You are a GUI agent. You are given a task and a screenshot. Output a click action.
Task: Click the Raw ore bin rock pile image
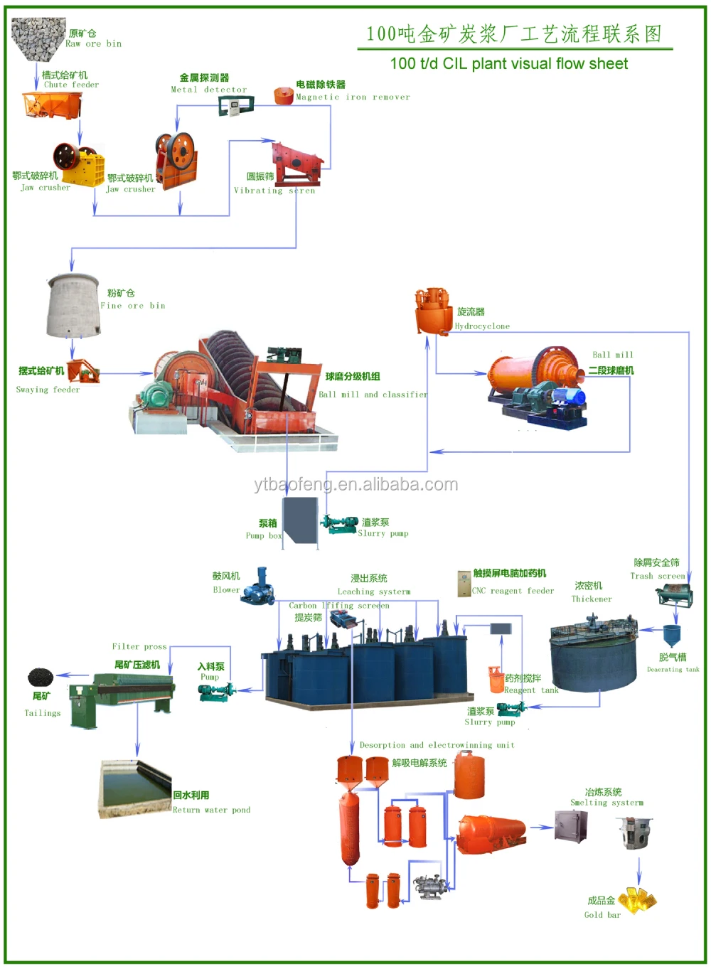[38, 38]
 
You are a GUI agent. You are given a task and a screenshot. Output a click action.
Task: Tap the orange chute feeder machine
[52, 105]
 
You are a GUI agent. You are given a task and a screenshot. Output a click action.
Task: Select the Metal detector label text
[209, 90]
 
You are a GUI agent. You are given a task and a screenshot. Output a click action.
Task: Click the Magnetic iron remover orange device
[284, 95]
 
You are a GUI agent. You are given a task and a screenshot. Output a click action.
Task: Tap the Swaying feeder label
[48, 390]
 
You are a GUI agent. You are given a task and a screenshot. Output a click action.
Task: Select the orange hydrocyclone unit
[434, 311]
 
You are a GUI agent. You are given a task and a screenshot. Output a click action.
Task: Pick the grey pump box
[301, 520]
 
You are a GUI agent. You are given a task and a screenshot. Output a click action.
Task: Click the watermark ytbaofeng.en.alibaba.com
[355, 485]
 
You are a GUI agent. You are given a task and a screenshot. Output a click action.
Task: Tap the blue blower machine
[258, 587]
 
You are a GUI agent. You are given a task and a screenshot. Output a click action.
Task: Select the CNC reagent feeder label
[513, 591]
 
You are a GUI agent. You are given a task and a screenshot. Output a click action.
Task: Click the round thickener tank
[594, 653]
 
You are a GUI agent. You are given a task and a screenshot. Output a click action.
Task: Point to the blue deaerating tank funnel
[672, 635]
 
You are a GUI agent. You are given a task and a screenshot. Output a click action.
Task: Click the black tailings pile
[41, 677]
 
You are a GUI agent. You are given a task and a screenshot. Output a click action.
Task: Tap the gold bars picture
[638, 900]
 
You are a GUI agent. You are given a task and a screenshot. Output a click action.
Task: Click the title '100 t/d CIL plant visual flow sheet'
[508, 64]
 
